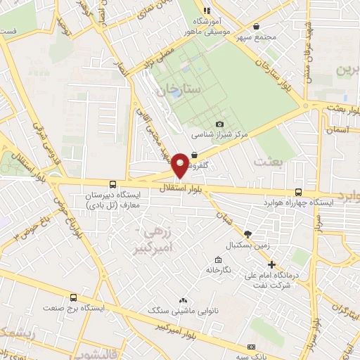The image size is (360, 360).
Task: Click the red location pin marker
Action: click(x=180, y=165)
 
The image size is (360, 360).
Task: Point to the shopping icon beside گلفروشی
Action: click(x=193, y=155)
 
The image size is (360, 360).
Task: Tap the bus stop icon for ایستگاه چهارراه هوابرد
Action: click(x=299, y=191)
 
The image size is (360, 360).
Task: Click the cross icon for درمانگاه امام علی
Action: click(x=272, y=265)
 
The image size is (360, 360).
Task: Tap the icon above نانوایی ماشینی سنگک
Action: click(x=183, y=300)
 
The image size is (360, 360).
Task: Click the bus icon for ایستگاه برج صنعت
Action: click(x=74, y=297)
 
